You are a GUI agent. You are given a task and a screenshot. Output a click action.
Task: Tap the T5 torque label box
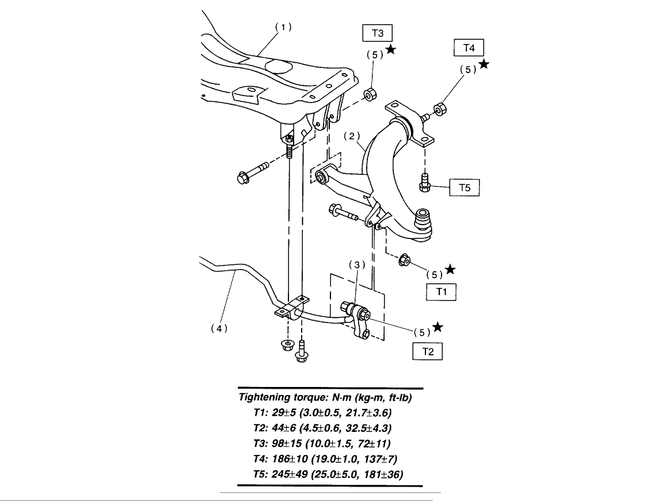click(x=463, y=188)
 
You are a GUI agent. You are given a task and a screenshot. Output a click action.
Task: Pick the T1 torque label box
click(x=441, y=292)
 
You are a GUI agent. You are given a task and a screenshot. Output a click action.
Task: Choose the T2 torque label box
click(x=427, y=351)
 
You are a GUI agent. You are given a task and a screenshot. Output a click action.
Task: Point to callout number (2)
click(x=352, y=136)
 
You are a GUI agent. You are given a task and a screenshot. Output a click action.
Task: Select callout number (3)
click(x=356, y=264)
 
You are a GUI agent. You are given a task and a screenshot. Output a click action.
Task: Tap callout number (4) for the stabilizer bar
click(x=218, y=329)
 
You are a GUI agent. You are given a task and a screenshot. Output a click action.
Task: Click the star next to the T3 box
click(x=391, y=50)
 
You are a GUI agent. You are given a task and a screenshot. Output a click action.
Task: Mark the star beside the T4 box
click(x=484, y=64)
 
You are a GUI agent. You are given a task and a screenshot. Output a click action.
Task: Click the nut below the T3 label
click(x=371, y=93)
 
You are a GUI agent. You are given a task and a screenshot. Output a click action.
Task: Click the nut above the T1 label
click(x=404, y=260)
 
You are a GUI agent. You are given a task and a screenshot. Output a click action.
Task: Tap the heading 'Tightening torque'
click(x=325, y=397)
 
